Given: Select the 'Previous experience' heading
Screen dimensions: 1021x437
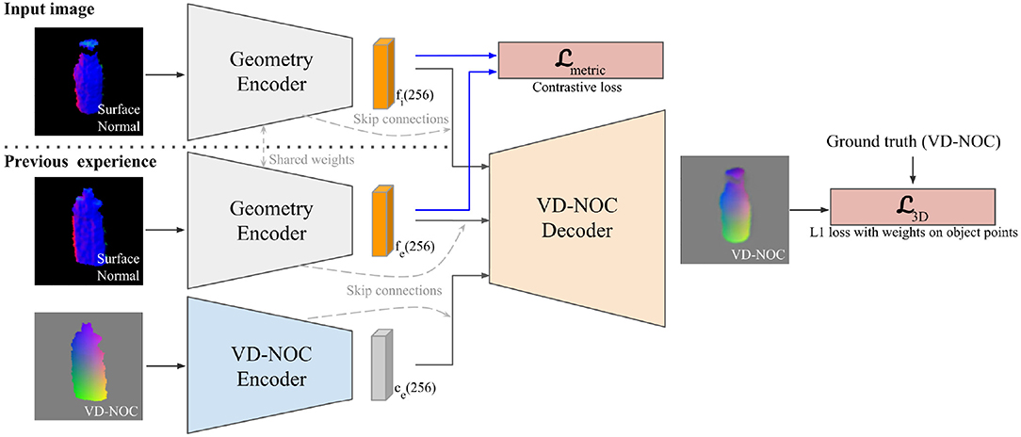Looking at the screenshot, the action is (x=79, y=161).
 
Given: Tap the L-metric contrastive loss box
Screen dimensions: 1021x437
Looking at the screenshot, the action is (x=581, y=60).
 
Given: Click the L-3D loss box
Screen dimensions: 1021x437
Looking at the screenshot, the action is (x=913, y=206).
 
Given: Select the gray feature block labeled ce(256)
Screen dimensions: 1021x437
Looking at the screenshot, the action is (x=381, y=364).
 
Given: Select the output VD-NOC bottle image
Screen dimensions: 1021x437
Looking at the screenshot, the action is (x=734, y=210).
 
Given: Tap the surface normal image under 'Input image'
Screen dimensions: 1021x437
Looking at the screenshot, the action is (x=89, y=80).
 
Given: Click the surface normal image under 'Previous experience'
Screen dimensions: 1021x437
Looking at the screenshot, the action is (x=89, y=231).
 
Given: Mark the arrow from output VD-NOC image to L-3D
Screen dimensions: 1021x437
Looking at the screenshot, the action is (x=809, y=210).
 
